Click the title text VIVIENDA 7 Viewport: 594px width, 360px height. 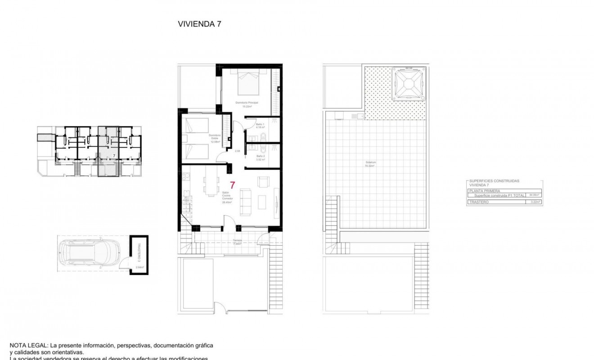(199, 24)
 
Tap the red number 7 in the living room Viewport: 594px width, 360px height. (232, 185)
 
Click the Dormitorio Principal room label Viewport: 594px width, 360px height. (247, 103)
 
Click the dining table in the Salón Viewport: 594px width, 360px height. (210, 184)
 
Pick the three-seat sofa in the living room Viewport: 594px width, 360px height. (246, 202)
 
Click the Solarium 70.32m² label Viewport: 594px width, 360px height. (370, 165)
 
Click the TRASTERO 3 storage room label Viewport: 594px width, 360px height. (139, 252)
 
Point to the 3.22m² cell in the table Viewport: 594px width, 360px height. (534, 202)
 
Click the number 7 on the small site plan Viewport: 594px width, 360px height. (114, 155)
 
